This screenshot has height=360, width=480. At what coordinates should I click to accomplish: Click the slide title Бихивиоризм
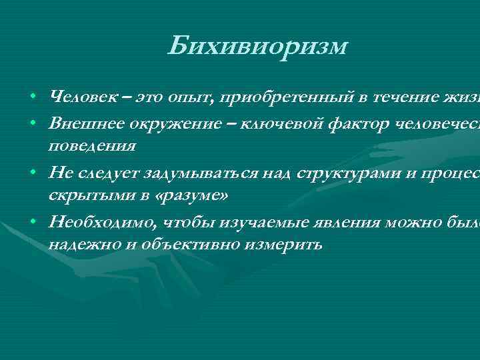tap(258, 46)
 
